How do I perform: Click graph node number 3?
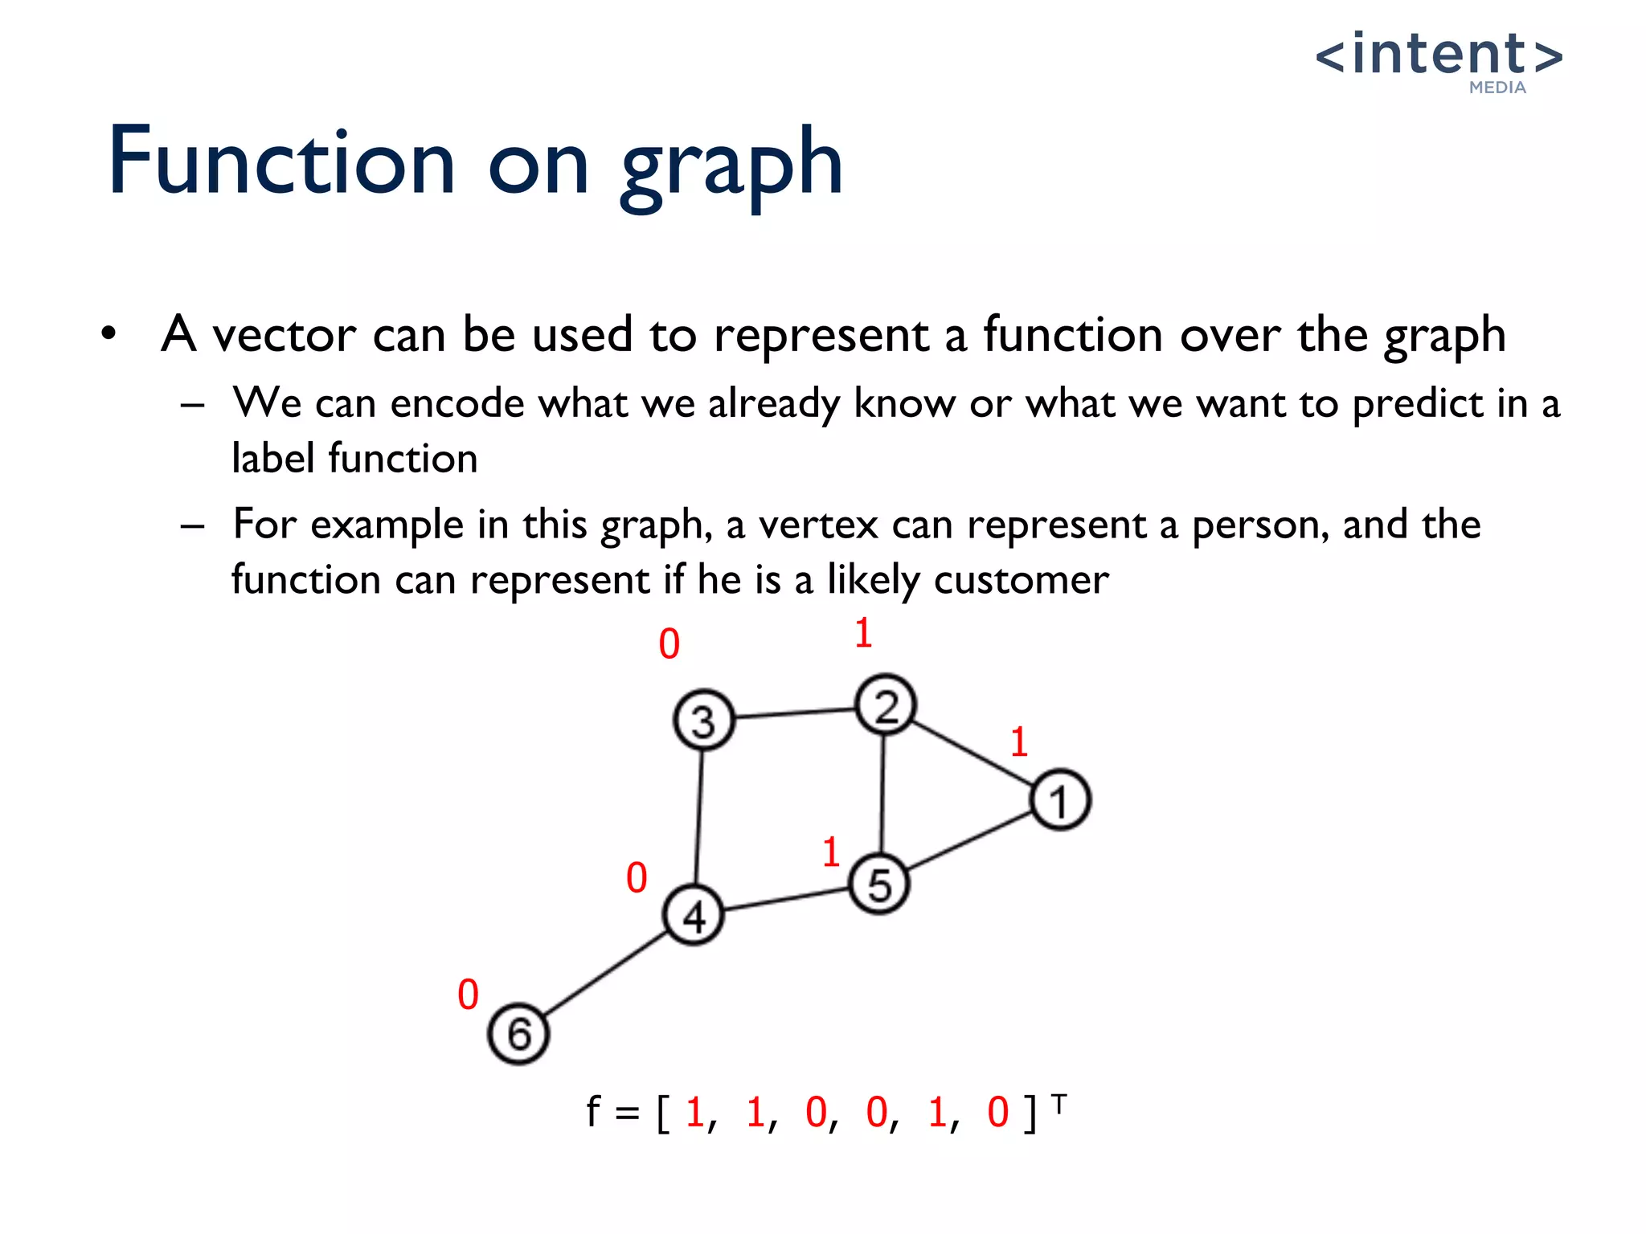tap(703, 720)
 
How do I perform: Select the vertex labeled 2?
tap(885, 705)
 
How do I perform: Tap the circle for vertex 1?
tap(1060, 800)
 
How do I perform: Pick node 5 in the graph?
tap(879, 885)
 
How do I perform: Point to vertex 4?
tap(694, 915)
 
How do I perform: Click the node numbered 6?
tap(518, 1034)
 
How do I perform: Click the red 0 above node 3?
tap(669, 644)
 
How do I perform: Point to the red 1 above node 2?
tap(863, 633)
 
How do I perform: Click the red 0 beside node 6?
tap(468, 995)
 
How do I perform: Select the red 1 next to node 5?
tap(831, 852)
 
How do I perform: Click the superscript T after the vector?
tap(1059, 1105)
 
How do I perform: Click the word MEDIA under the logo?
tap(1497, 88)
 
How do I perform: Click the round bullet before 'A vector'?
tap(109, 333)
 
